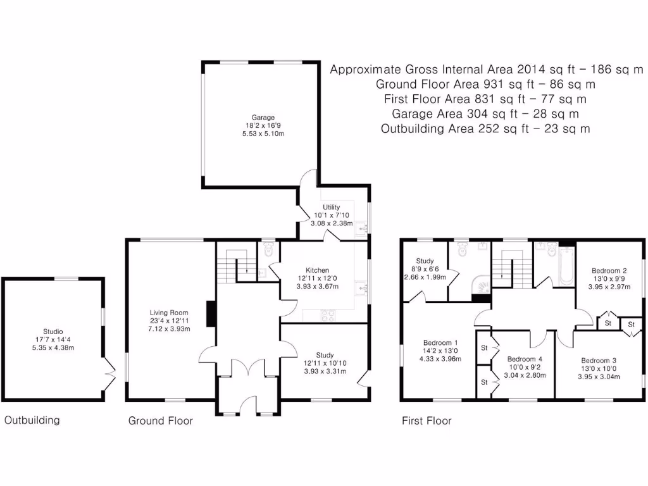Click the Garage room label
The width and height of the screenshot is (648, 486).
coord(263,118)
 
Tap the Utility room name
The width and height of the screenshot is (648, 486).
coord(331,207)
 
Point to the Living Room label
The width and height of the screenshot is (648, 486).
coord(170,312)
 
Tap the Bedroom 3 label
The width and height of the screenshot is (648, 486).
coord(598,360)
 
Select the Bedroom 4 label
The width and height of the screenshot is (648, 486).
coord(525,359)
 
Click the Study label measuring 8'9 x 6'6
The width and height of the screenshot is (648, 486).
coord(424,261)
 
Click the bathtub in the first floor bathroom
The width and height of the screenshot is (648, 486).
coord(565,263)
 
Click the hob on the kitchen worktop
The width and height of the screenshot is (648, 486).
coord(329,314)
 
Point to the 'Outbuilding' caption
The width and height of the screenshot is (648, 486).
coord(32,420)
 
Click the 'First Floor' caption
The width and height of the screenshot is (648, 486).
coord(427,421)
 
